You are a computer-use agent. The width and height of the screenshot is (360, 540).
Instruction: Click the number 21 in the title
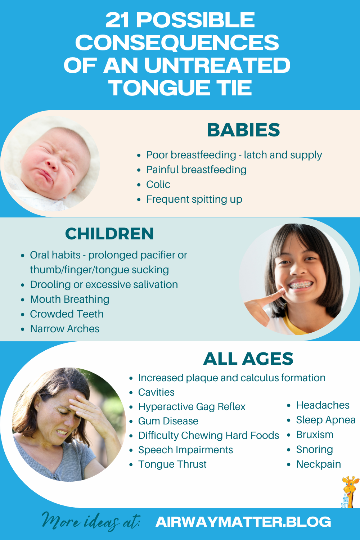117,20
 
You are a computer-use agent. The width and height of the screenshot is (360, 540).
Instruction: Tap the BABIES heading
243,130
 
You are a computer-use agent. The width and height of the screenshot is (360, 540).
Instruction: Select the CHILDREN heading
109,234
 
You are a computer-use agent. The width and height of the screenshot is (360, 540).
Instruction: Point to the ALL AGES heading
248,359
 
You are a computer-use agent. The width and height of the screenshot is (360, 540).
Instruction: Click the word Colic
158,184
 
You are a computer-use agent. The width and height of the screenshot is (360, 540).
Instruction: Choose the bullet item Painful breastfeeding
196,170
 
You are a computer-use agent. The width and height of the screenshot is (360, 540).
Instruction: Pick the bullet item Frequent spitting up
194,199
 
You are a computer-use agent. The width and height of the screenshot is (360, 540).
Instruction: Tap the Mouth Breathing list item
69,299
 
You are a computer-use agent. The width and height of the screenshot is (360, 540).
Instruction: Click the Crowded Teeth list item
67,314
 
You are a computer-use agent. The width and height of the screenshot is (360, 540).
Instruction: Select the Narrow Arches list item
65,329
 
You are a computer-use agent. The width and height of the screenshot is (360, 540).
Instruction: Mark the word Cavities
156,392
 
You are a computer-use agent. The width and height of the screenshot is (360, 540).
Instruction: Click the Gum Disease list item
168,421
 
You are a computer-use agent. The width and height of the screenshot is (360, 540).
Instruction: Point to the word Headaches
323,405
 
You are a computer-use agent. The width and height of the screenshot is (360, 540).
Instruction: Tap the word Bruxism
315,435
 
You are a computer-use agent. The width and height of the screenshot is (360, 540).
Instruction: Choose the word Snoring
314,449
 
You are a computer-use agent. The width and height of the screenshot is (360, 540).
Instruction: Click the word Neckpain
318,464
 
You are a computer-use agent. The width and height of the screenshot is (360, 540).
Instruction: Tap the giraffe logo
349,491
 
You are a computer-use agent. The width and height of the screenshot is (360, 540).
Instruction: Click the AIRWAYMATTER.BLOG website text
243,522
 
